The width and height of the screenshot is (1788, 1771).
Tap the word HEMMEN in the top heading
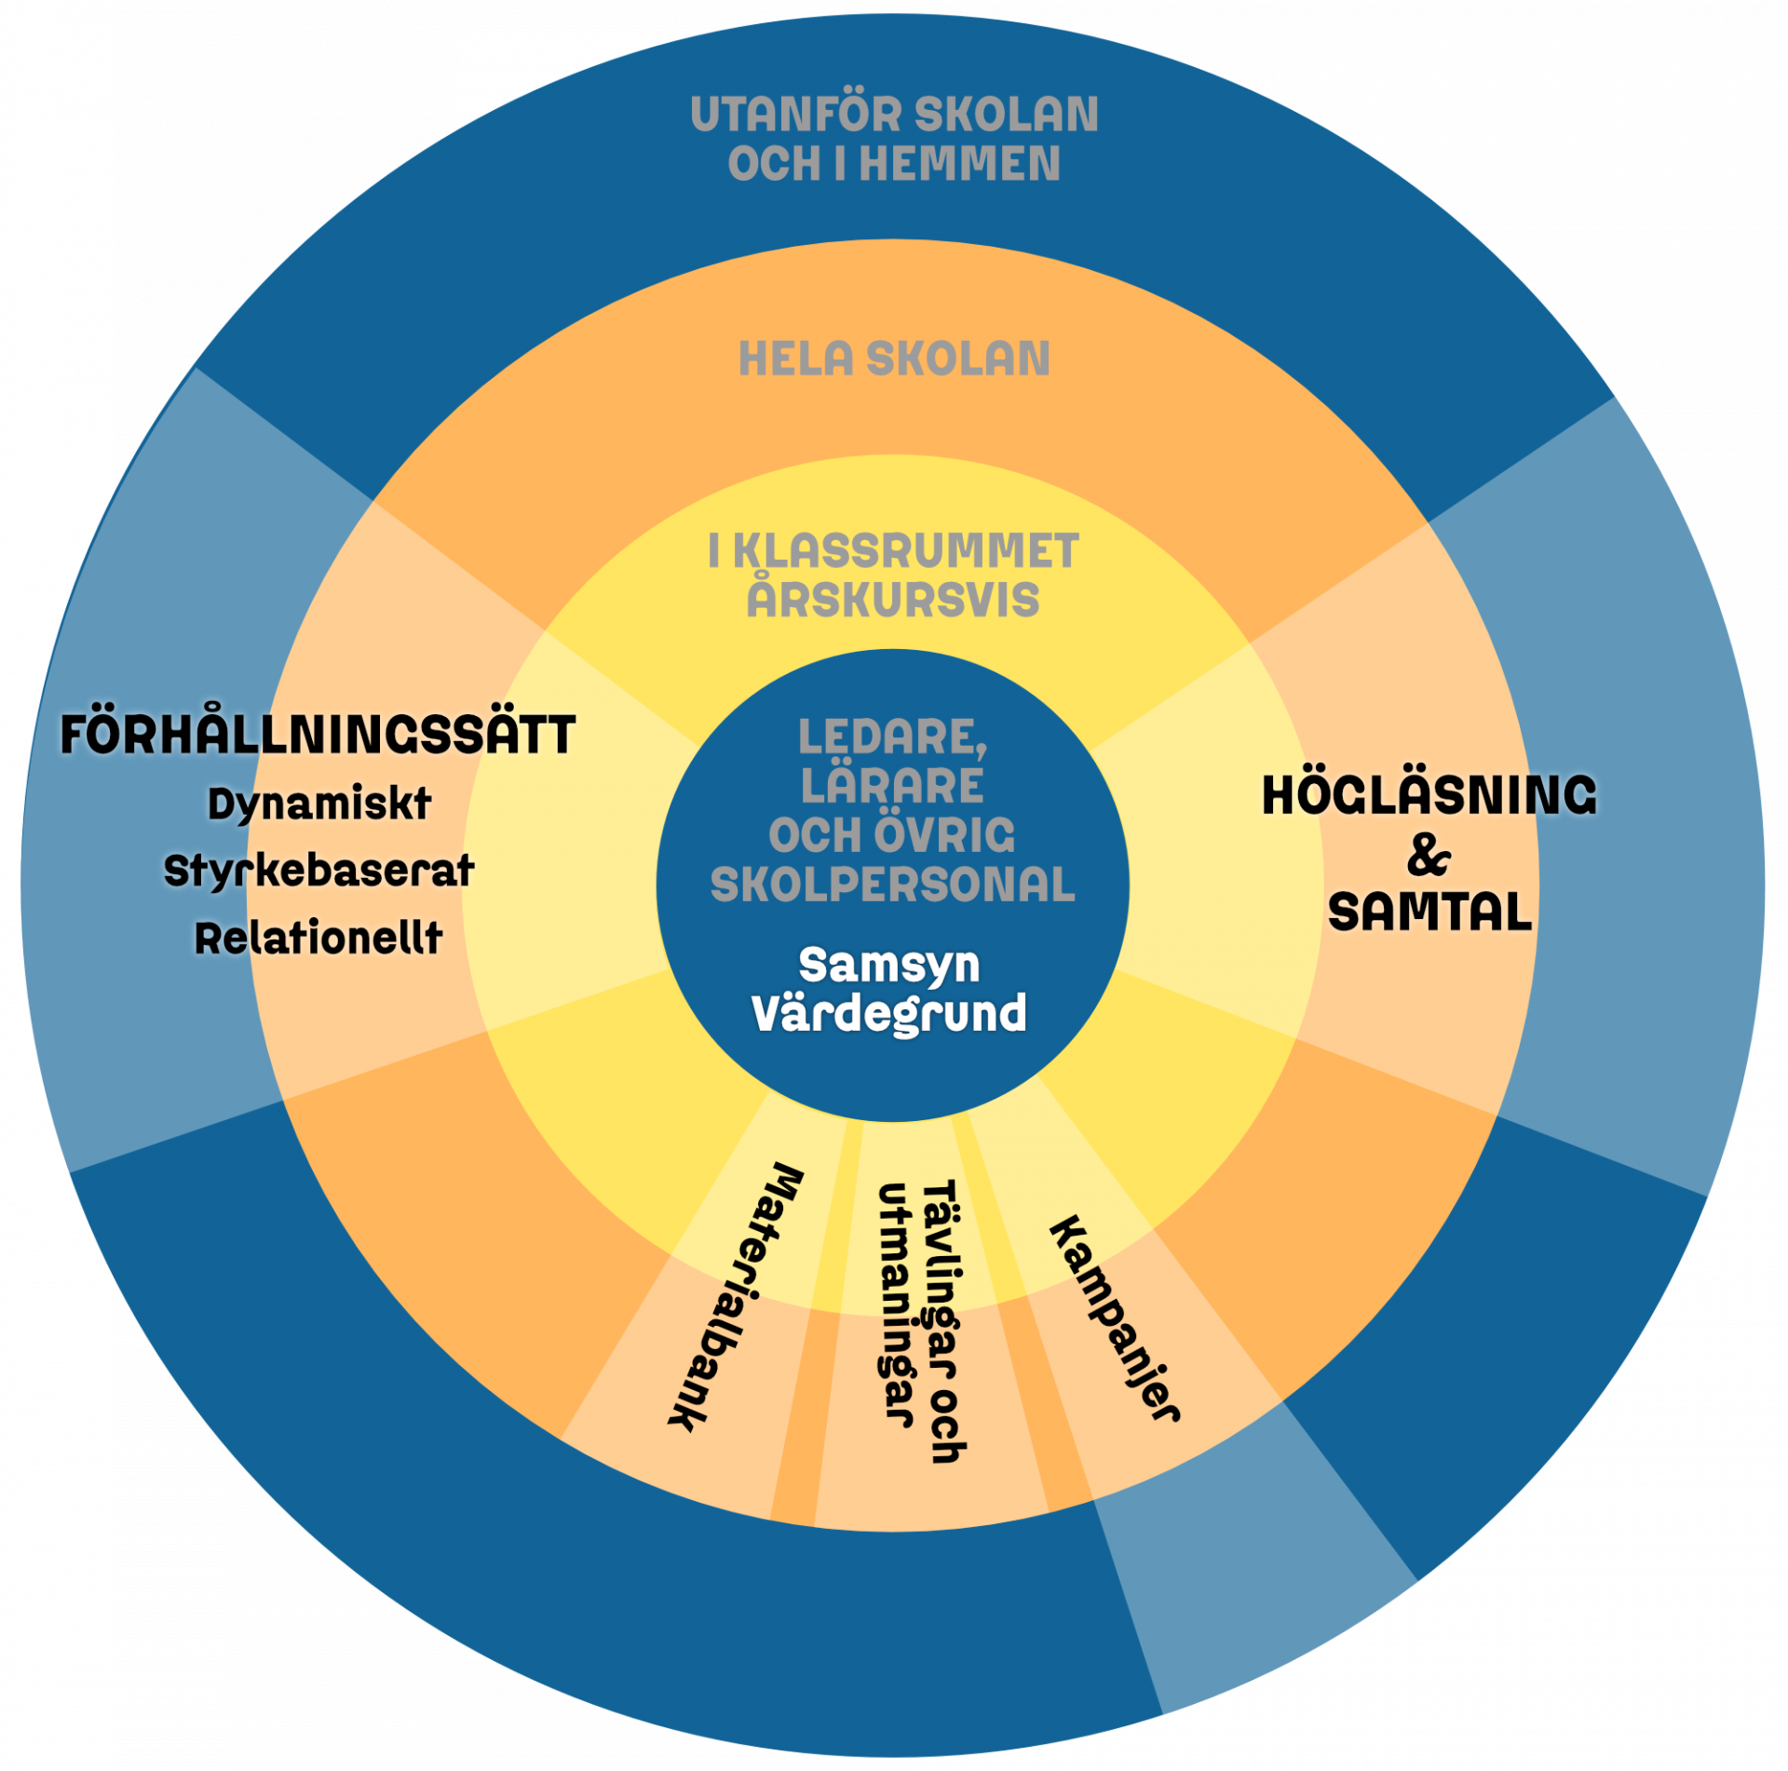[x=959, y=165]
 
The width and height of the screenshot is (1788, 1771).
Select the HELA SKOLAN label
[x=894, y=358]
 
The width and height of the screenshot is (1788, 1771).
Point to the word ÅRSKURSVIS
[x=893, y=599]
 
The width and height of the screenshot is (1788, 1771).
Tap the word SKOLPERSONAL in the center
[x=893, y=884]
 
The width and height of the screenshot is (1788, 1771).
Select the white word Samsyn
[x=889, y=966]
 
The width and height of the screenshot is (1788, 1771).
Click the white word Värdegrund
[x=889, y=1014]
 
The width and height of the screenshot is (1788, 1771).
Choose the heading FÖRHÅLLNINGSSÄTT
[x=318, y=736]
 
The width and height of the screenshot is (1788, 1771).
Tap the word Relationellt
[x=318, y=939]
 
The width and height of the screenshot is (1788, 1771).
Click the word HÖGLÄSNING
[x=1429, y=797]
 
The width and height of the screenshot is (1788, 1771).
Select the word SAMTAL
[x=1429, y=913]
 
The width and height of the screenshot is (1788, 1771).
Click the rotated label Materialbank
[x=737, y=1299]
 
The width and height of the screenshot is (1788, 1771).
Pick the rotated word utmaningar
[x=894, y=1304]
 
